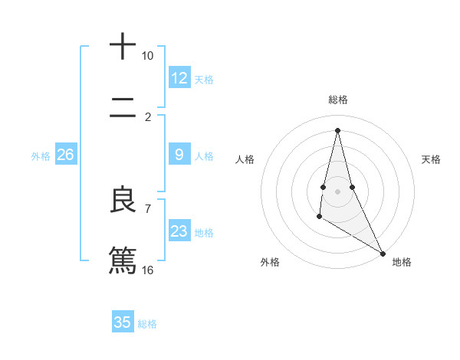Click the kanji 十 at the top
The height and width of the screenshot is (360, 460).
123,47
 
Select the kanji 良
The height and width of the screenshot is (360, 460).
123,201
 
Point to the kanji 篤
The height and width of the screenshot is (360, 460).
123,260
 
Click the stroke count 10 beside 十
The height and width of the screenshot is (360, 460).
148,56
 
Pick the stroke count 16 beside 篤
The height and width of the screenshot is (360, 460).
148,270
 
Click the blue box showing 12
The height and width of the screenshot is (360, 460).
179,78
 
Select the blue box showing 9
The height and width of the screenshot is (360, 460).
179,155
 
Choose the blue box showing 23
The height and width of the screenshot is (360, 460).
179,231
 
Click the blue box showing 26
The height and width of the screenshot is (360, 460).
65,155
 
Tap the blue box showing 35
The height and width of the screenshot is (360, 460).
123,322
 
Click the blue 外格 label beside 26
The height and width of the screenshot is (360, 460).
41,156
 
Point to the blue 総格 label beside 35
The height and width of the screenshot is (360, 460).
147,324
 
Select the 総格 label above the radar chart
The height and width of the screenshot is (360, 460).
338,100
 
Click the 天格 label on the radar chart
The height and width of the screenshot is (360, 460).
432,159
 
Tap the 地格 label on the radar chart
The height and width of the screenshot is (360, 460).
402,262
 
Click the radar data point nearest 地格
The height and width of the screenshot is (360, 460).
383,253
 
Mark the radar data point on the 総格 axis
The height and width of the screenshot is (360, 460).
338,129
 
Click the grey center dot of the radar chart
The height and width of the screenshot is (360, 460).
338,190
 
